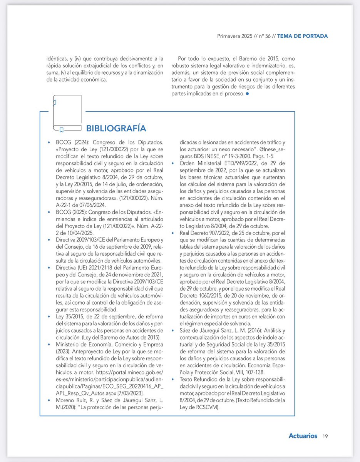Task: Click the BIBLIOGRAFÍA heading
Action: [x=116, y=128]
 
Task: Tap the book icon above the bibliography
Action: [x=67, y=113]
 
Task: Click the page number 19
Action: [x=325, y=436]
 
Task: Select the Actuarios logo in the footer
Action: [x=303, y=436]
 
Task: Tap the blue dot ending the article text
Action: [x=248, y=94]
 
